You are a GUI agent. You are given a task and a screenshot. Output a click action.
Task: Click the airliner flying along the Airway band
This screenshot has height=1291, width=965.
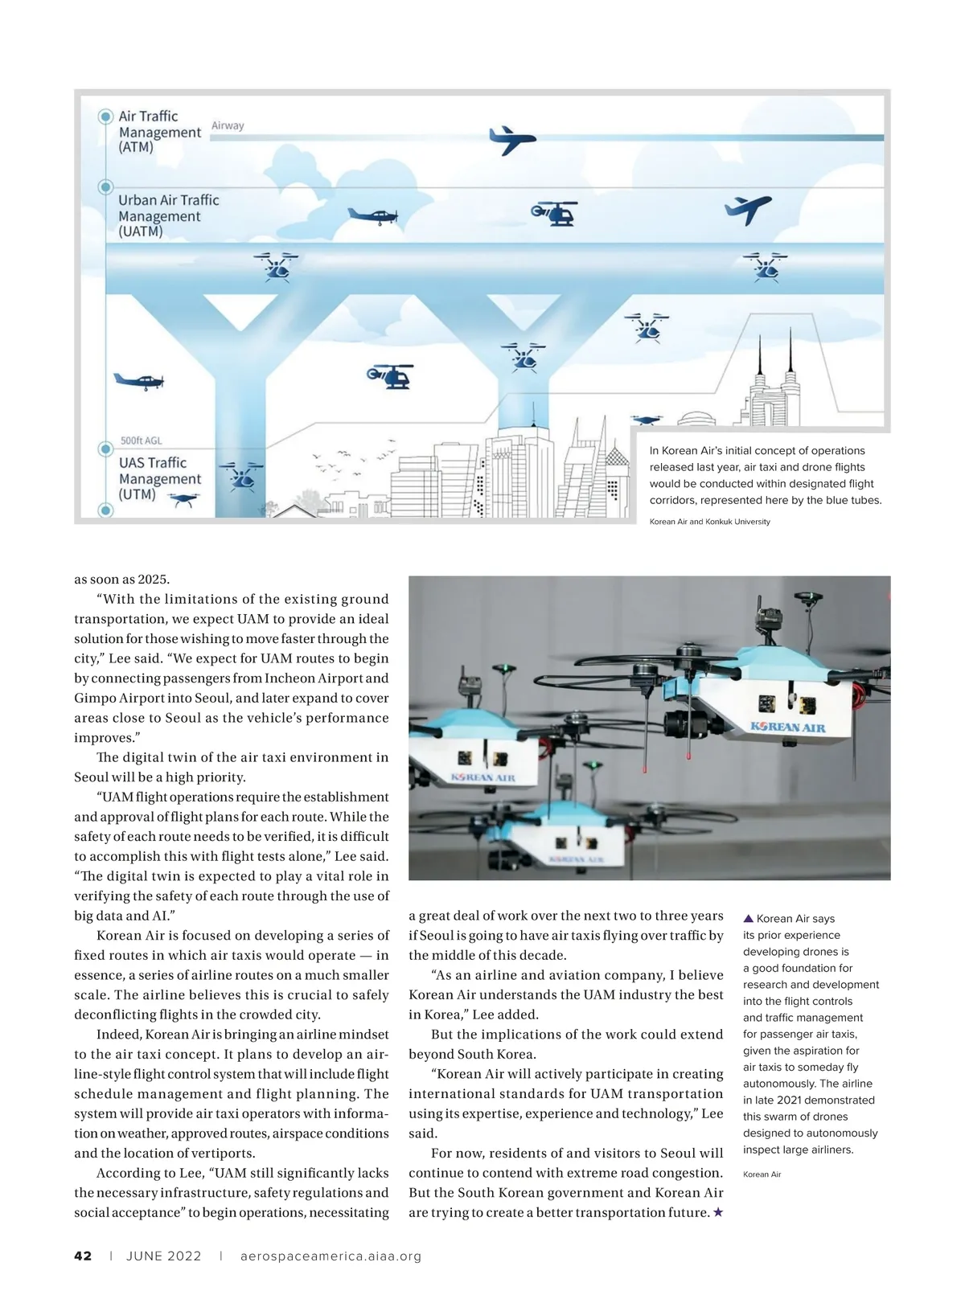[511, 140]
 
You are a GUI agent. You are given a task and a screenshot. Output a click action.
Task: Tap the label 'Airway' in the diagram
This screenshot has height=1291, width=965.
[228, 125]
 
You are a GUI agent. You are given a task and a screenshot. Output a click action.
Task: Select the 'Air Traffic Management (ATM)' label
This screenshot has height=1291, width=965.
[159, 132]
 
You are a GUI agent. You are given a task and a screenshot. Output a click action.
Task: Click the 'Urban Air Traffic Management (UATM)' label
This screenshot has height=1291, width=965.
[168, 215]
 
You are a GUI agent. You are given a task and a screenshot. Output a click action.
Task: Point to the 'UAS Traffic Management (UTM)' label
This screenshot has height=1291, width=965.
[160, 478]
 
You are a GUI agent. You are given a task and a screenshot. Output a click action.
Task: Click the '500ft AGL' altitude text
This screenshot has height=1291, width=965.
[141, 441]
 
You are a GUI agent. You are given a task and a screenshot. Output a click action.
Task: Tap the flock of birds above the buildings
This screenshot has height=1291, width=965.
[355, 459]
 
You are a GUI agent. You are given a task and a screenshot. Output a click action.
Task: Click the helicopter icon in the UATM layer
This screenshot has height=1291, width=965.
[554, 212]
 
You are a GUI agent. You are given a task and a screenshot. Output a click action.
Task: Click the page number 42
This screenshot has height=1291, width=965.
[83, 1256]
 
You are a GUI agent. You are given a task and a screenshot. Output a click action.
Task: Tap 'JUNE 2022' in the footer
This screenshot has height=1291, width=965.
[164, 1256]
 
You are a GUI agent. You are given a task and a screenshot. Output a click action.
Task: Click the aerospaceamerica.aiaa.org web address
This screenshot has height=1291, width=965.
[331, 1256]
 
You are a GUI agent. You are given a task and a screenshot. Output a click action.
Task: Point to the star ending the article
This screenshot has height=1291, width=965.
[718, 1212]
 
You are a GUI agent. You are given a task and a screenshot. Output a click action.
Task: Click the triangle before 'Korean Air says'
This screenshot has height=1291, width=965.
[748, 918]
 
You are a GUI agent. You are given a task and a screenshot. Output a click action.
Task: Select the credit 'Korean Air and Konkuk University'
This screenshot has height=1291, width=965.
[709, 522]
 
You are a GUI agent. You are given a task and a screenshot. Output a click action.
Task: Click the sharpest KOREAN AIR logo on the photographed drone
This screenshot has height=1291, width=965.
[787, 727]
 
